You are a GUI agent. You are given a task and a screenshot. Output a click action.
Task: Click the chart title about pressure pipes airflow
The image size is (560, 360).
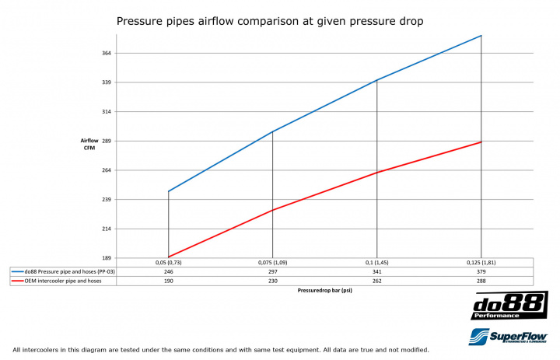click(269, 21)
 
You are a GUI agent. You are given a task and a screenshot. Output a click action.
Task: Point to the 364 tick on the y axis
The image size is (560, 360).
click(107, 53)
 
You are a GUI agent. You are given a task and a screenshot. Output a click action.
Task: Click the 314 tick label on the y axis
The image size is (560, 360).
click(107, 112)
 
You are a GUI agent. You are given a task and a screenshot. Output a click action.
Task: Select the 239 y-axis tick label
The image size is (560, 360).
click(107, 200)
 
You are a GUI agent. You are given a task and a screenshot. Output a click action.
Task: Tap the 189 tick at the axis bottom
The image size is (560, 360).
click(107, 258)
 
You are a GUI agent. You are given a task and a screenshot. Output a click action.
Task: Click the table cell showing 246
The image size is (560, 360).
click(168, 271)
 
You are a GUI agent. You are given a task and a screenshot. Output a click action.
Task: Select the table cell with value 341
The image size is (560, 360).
click(376, 271)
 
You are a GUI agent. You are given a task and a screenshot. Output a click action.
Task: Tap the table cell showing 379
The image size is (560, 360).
click(481, 271)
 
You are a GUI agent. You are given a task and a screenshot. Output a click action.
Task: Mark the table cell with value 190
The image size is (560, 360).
click(168, 281)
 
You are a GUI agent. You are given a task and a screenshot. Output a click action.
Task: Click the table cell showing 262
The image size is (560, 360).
click(376, 281)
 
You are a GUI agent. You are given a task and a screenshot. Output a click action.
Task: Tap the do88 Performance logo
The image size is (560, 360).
click(509, 306)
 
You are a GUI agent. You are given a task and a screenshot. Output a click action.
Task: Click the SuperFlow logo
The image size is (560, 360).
click(509, 336)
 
